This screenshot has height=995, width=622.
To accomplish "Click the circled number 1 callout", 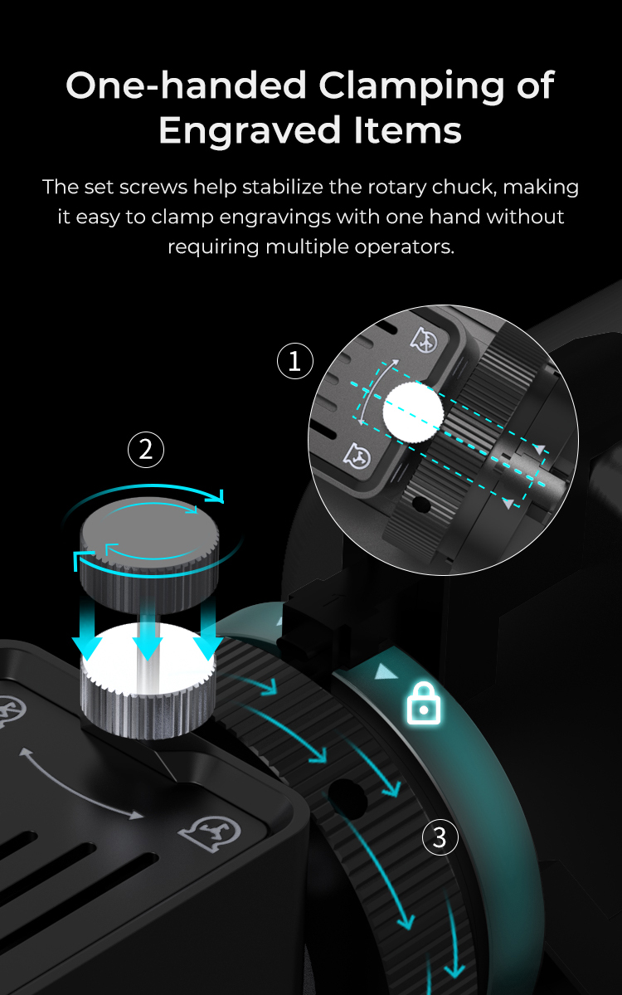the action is coord(295,361).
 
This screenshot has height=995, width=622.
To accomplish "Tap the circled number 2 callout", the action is coord(146,450).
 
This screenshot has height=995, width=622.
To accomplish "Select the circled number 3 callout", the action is coord(440,837).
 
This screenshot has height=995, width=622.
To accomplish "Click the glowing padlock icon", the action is coord(424,702).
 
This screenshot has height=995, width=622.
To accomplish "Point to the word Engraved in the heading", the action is coord(250,131).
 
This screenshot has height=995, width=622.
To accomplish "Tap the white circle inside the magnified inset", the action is coord(413,412).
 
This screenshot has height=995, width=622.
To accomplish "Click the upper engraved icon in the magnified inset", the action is coord(424,339).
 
